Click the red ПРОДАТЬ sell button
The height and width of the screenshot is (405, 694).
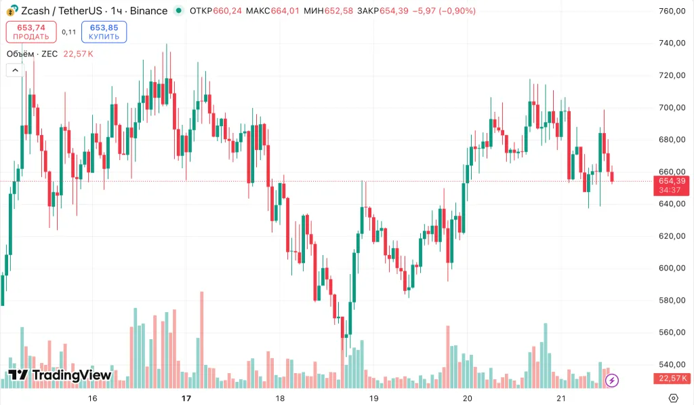coord(31,32)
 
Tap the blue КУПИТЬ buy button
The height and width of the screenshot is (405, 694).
coord(104,32)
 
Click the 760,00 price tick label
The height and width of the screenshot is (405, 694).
coord(673,11)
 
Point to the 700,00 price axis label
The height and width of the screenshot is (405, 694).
coord(673,107)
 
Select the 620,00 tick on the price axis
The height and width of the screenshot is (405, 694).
coord(673,236)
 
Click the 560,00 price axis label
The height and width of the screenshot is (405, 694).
coord(673,332)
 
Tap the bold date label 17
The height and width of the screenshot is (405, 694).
coord(187,398)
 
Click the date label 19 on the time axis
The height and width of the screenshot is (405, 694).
coord(372,398)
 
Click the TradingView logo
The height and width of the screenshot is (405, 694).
coord(60,375)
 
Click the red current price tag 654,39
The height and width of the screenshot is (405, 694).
coord(671,180)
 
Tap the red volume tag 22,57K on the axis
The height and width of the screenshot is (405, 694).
coord(671,379)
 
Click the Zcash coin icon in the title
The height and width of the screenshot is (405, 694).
coord(12,11)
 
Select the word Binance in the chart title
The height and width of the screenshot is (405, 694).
coord(148,11)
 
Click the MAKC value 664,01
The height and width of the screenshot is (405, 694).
coord(285,11)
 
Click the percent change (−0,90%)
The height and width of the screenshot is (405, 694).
coord(457,11)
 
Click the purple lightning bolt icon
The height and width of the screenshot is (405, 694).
coord(612,380)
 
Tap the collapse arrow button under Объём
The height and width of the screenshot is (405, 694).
coord(14,70)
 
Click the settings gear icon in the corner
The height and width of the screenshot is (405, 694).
coord(673,398)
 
